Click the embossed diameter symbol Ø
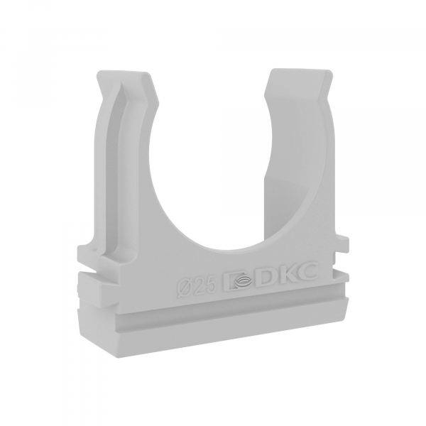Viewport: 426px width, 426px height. [183, 287]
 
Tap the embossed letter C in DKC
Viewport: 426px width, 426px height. [307, 271]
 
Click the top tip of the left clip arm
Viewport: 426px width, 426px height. [123, 72]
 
